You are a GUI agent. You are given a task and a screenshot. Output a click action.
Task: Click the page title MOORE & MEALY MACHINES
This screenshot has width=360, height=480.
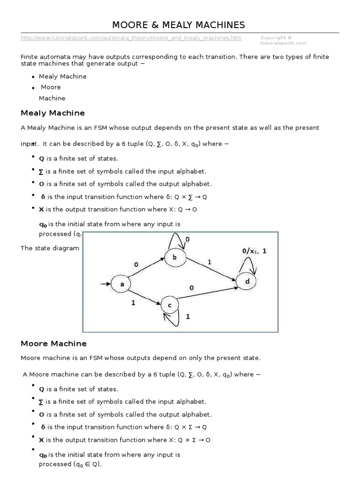pos(178,24)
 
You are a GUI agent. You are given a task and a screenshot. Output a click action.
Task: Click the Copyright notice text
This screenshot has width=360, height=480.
pos(283,40)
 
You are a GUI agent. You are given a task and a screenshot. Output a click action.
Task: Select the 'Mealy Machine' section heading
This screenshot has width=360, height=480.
pos(52,113)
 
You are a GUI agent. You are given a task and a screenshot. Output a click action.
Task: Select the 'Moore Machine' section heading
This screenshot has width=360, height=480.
pos(53,344)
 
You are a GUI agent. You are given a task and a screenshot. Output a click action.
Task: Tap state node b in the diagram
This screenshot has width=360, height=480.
pos(175,256)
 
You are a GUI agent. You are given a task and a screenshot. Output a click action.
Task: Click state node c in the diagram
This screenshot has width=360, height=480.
pos(170,305)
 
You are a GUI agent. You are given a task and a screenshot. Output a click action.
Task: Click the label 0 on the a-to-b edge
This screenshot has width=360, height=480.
pos(136,264)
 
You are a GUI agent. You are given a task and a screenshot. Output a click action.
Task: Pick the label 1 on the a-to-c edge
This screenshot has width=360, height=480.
pos(133,303)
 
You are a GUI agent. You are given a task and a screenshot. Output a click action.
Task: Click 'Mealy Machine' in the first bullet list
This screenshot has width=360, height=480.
pos(62,76)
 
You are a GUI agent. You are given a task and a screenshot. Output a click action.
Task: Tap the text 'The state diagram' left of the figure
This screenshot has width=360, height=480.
pos(50,248)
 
